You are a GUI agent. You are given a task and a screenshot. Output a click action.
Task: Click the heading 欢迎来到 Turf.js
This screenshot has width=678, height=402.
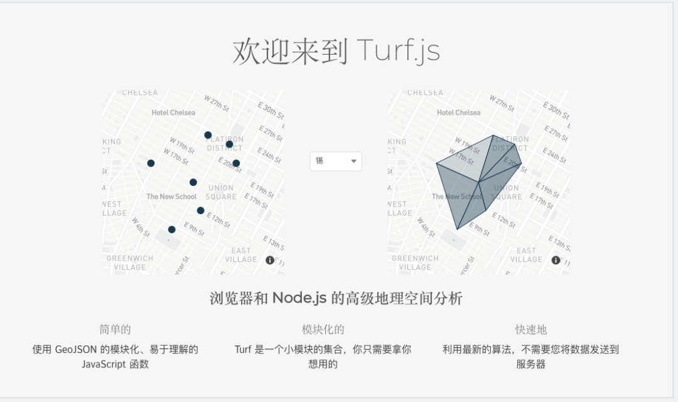pos(336,52)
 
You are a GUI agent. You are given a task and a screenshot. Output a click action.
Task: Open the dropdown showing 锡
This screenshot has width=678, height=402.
pos(336,161)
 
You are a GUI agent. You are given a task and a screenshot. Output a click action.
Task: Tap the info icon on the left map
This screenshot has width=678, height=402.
pos(270,260)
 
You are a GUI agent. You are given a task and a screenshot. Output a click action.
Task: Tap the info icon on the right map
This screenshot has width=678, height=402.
pos(556,260)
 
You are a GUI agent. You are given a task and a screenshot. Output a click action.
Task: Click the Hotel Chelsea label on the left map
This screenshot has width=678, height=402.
pos(173,113)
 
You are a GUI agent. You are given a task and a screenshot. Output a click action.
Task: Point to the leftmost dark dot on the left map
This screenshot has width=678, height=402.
pos(151,163)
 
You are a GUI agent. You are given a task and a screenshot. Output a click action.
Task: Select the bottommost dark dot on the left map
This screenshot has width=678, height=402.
pos(172,229)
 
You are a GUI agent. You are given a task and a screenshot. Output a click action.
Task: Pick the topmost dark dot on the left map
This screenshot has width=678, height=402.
pos(208,135)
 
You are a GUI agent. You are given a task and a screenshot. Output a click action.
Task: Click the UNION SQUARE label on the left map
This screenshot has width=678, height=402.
pos(222,192)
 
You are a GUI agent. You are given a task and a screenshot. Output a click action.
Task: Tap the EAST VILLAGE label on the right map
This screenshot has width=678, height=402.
pos(526,255)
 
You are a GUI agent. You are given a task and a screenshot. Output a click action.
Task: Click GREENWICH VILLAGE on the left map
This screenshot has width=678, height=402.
pos(130,263)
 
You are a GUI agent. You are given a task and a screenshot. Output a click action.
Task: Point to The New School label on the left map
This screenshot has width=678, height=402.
pos(171,197)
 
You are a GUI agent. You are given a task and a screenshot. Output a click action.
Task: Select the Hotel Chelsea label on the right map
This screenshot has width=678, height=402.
pos(459,113)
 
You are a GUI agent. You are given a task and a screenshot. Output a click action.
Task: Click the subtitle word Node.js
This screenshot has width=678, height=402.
pos(299,298)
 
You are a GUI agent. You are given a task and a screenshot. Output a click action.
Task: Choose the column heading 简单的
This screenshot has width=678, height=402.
pos(115,330)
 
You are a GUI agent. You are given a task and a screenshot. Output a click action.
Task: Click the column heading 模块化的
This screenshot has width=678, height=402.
pos(323,330)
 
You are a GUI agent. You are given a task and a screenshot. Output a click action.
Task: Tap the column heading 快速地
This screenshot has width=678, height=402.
pos(530,330)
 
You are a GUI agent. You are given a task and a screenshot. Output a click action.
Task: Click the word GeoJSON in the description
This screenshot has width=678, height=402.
pos(76,349)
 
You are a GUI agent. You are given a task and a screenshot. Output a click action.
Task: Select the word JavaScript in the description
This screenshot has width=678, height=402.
pos(103,364)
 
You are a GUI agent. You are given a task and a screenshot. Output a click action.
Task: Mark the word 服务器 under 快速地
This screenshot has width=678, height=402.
pos(530,364)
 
